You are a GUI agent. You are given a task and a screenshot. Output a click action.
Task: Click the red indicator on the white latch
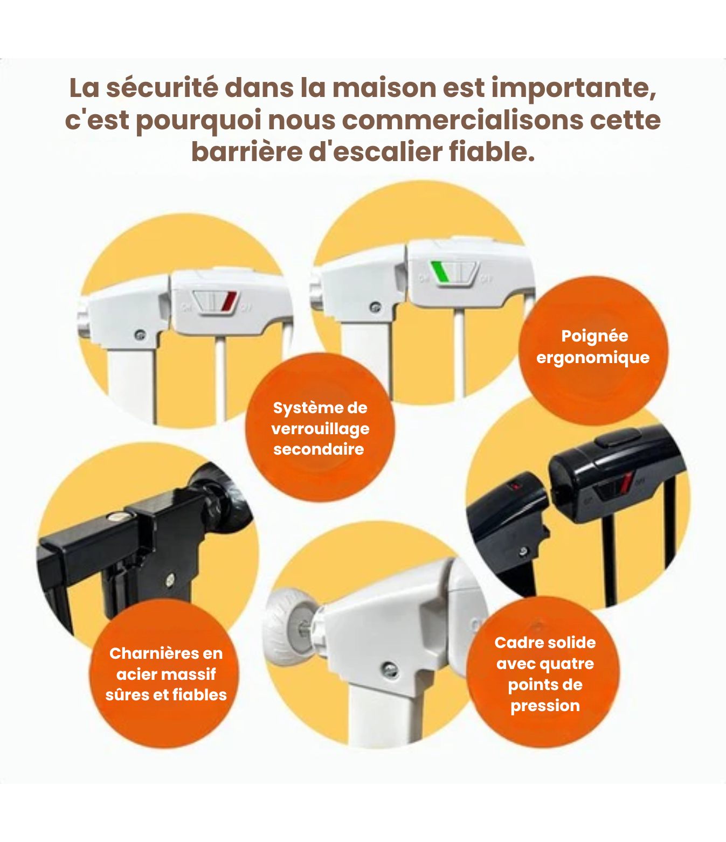pos(229,301)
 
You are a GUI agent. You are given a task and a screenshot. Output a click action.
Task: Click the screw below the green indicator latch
pos(375,308)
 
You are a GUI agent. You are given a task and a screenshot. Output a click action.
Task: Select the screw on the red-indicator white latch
pos(140,335)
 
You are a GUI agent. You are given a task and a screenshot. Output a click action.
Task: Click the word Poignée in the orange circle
pos(594,336)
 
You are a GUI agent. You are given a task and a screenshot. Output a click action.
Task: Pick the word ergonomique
pos(593,357)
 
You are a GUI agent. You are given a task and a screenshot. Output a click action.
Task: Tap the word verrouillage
pos(320,429)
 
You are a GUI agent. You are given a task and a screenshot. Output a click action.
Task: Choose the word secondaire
pos(319,449)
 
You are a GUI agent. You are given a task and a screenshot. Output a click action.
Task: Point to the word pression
pos(545,706)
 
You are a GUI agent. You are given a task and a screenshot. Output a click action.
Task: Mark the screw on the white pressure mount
pos(389,670)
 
